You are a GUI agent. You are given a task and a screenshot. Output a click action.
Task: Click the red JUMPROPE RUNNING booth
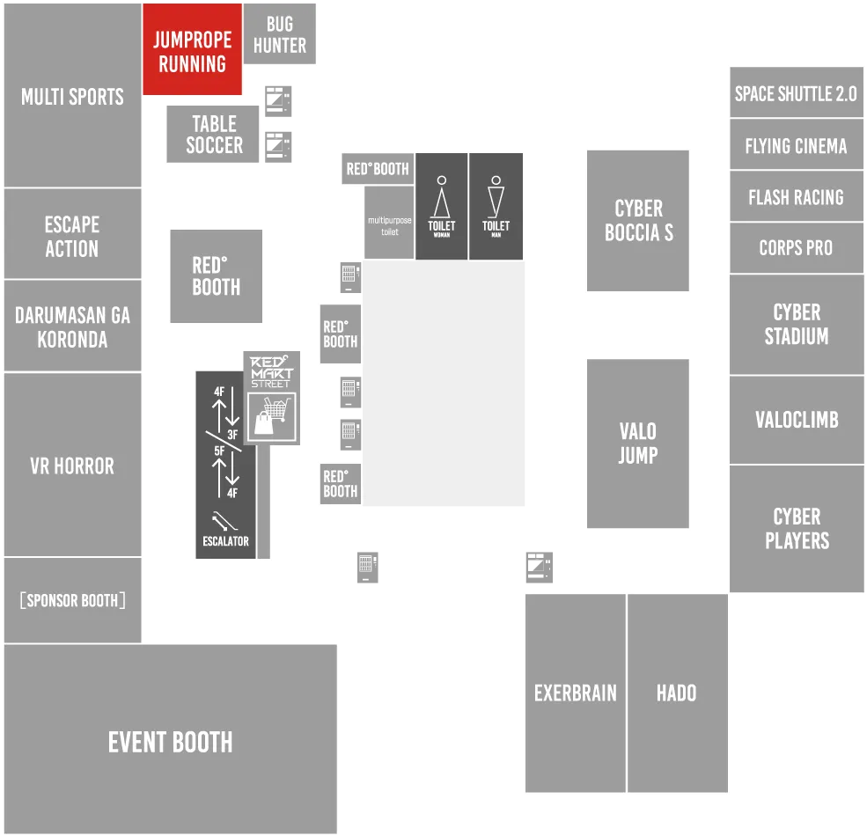coord(193,49)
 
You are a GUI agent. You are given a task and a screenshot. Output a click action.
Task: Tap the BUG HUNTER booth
coord(280,33)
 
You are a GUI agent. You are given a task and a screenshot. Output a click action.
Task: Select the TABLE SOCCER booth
coord(213,134)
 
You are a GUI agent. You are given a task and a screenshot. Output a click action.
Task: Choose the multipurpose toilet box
coord(389,223)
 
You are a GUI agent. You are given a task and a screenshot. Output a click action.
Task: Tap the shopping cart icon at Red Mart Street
coord(271,415)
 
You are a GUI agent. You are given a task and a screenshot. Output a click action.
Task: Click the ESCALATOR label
coord(225,541)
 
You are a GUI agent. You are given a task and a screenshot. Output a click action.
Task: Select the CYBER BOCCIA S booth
coord(638,221)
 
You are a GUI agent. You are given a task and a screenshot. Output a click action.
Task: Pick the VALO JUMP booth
coord(638,444)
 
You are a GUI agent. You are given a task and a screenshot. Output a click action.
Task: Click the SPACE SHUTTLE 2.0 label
coord(796,94)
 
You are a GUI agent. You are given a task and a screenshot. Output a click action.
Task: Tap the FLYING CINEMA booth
coord(797,145)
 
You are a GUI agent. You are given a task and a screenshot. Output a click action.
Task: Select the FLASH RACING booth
coord(797,196)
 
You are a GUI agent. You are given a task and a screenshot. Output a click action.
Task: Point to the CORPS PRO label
coord(796,247)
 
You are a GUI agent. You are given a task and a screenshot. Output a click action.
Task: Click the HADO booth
coord(678,693)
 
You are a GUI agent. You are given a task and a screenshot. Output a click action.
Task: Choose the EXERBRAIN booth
coord(575,693)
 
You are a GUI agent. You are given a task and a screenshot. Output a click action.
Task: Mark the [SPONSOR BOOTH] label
coord(72,600)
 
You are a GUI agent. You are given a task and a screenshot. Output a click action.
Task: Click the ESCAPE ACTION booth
coord(72,234)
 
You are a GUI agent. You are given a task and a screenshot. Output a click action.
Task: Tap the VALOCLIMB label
coord(797,420)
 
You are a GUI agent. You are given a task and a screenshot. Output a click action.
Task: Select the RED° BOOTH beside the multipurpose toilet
coord(378,169)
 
